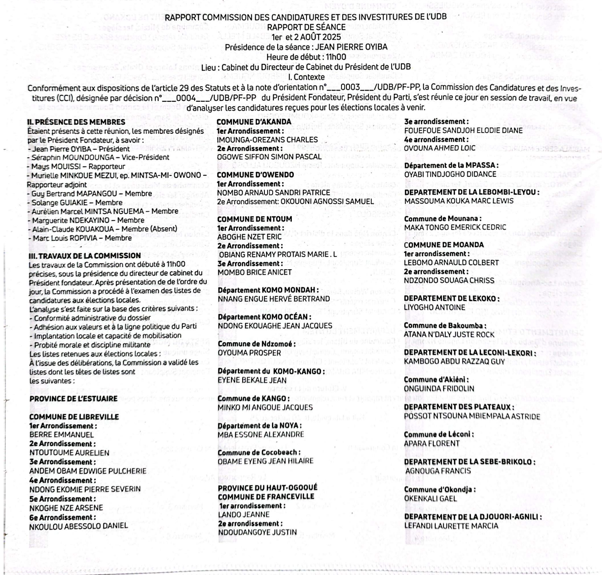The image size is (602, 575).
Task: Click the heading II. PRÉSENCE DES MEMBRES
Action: tap(76, 122)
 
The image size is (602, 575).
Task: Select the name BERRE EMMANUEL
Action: tap(62, 434)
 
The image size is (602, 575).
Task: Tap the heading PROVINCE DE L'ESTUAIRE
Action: tap(73, 399)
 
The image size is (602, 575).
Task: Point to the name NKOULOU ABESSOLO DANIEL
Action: tap(79, 526)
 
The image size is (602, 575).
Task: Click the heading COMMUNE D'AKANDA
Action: tap(254, 122)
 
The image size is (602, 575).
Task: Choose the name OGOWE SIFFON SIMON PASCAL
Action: tap(269, 157)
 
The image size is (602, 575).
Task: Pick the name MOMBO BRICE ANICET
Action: tap(255, 272)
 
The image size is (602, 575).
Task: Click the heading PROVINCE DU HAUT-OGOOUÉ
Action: tap(268, 488)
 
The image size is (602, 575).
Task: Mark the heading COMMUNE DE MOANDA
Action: tap(444, 245)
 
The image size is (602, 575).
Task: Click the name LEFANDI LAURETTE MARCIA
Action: tap(451, 526)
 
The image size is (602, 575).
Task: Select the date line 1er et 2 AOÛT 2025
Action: tap(306, 37)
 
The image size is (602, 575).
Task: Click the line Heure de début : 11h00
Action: tap(306, 57)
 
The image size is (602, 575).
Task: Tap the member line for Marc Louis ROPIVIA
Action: tap(80, 238)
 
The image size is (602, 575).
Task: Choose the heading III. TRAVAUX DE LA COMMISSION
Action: tap(85, 256)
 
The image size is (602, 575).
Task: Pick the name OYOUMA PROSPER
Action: tap(249, 353)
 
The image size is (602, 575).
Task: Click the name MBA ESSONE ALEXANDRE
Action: tap(261, 434)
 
